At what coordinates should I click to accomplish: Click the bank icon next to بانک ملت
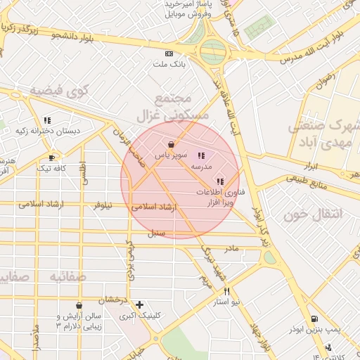pos(169,54)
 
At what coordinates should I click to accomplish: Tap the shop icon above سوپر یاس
pos(172,143)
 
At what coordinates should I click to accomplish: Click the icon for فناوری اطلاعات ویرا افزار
pos(220,181)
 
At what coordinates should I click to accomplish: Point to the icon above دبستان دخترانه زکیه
pos(47,120)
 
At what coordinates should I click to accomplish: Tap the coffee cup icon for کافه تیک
pos(51,157)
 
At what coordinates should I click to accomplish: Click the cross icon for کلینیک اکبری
pos(140,304)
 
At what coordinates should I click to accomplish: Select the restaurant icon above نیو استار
pos(226,291)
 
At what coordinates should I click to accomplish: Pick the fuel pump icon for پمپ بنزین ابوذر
pos(314,319)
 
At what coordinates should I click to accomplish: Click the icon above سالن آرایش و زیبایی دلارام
pos(79,306)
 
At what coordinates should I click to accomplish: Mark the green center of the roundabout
pos(213,50)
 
